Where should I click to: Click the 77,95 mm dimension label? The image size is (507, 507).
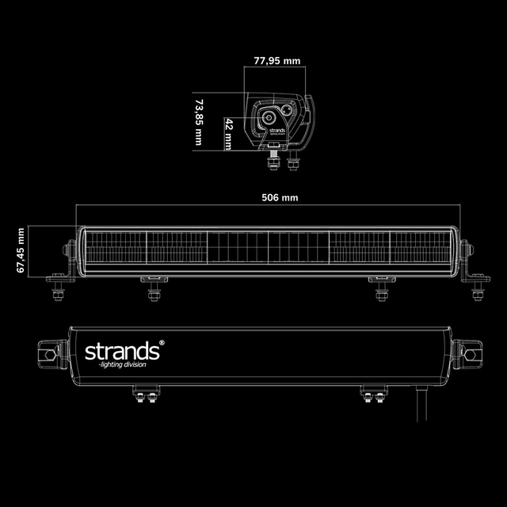[x=272, y=60]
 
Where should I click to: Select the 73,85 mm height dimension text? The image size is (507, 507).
[x=199, y=121]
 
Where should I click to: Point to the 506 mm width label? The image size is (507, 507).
[x=275, y=197]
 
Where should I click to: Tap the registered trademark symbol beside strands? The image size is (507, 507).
[x=161, y=342]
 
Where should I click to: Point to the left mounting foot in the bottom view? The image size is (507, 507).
[x=147, y=393]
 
